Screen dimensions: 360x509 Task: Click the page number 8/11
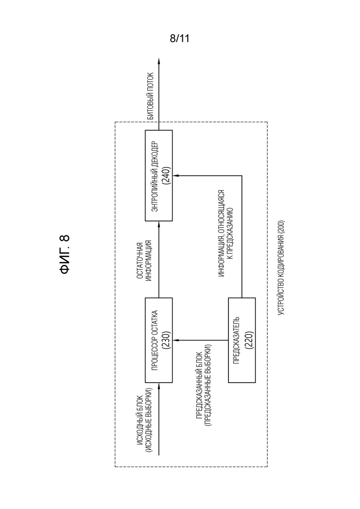pos(180,39)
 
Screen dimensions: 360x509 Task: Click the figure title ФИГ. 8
pos(65,254)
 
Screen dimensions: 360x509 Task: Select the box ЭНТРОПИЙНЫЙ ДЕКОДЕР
pos(159,176)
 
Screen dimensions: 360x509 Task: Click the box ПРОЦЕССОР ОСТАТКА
pos(159,340)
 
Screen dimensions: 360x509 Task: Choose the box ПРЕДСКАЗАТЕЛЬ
pos(242,340)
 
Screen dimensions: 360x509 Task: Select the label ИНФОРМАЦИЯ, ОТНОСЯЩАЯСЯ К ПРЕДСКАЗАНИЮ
pos(226,233)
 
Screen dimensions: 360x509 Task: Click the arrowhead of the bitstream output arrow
pos(159,61)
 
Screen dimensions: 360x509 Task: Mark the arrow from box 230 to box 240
pos(159,259)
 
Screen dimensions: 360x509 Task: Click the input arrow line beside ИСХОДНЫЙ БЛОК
pos(159,419)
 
